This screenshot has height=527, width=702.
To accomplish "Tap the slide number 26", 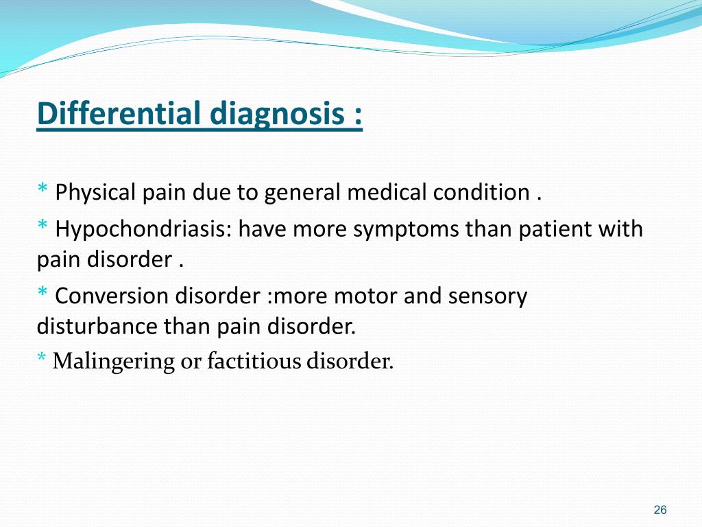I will (x=660, y=509).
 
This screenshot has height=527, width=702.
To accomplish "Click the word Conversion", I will (x=110, y=296).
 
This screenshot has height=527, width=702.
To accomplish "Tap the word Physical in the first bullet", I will (x=96, y=192).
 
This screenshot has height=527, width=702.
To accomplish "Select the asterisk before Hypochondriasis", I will (x=43, y=226).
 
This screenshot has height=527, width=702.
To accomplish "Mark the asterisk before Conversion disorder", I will (x=43, y=293).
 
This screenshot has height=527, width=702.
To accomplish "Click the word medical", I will (x=387, y=192).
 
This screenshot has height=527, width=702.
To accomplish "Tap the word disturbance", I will (x=97, y=326).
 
